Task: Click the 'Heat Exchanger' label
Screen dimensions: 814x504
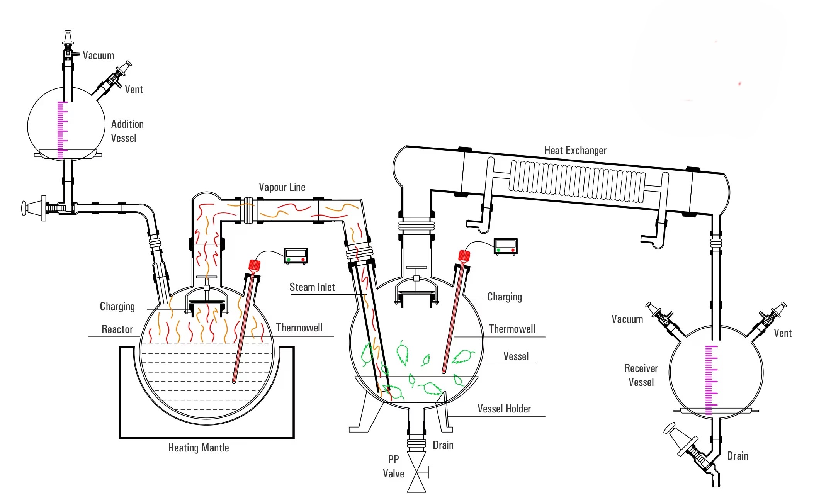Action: coord(575,150)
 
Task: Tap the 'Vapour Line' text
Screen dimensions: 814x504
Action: coord(282,187)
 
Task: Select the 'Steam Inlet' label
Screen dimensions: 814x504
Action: coord(312,287)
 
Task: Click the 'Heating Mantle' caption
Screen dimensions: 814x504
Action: coord(199,448)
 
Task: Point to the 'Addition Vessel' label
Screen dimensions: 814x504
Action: coord(127,131)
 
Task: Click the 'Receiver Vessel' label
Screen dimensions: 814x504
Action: coord(641,375)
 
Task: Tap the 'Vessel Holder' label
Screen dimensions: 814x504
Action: coord(504,409)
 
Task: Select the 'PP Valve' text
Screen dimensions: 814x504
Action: coord(394,467)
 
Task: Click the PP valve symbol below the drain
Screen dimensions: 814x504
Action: coord(417,472)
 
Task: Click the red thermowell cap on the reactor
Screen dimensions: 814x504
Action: coord(254,265)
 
